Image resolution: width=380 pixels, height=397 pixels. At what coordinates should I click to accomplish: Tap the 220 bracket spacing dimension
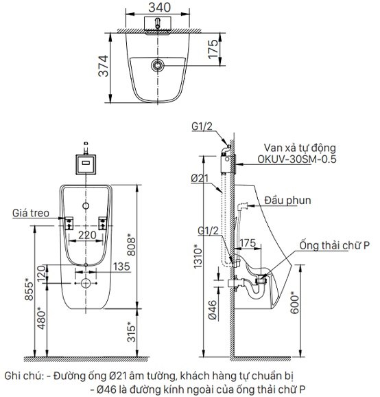point(85,234)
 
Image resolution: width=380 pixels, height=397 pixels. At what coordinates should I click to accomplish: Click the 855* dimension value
point(29,291)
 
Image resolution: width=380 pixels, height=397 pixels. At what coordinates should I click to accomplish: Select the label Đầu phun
point(288,201)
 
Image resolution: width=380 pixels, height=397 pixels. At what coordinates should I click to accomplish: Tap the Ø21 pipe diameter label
point(200,179)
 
